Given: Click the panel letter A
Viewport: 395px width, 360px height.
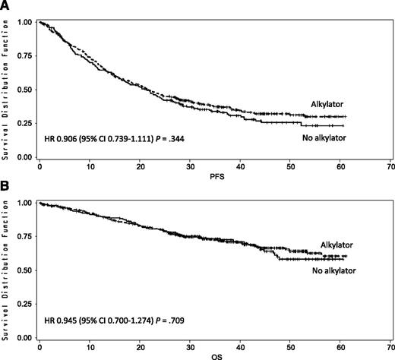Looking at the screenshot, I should [6, 6].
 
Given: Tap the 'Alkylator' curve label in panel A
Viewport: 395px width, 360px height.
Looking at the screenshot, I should [328, 103].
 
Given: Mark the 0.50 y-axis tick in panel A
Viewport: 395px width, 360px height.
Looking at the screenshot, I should [24, 90].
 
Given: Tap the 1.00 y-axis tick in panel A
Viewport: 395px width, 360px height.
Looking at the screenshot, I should [24, 23].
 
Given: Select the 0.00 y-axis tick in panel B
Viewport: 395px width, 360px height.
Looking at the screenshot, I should [24, 337].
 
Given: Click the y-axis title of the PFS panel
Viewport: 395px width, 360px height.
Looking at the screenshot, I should [6, 90].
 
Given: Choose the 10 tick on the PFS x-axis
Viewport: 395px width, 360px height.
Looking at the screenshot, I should [89, 166].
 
